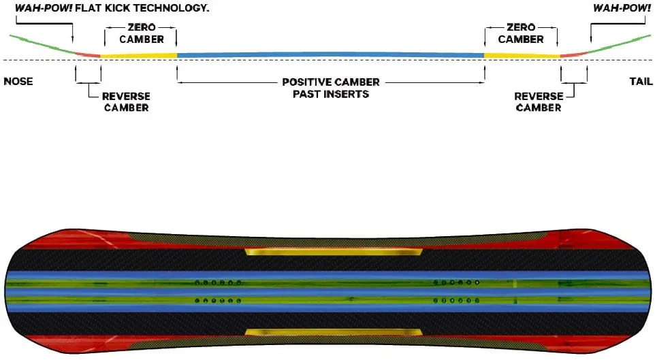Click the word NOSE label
point(18,82)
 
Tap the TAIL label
point(641,82)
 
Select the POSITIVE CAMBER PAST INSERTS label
point(331,88)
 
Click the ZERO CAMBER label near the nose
point(142,33)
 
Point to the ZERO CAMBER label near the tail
point(521,33)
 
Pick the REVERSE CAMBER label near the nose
point(126,102)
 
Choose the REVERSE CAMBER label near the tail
point(539,102)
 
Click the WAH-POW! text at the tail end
point(622,8)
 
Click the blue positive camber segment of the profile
point(330,54)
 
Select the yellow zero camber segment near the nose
point(139,55)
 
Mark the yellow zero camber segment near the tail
point(522,55)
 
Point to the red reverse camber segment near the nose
point(88,54)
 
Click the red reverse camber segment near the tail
point(574,54)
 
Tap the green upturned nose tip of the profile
point(42,44)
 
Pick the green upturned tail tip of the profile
point(620,44)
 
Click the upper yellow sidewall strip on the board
point(334,251)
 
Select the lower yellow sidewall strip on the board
point(334,332)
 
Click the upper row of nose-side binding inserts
point(218,282)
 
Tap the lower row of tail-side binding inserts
point(456,300)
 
